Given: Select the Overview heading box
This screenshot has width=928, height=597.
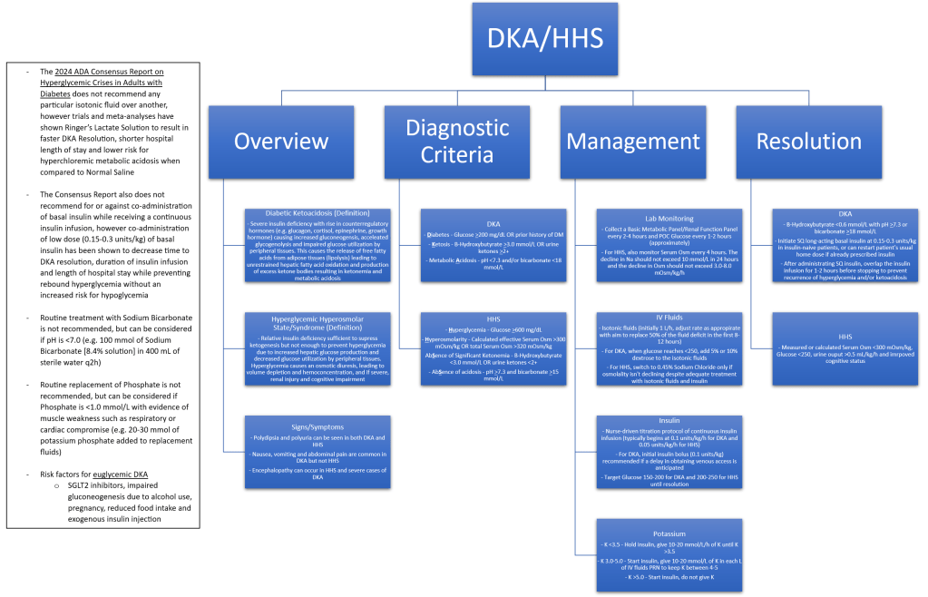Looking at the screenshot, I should coord(281,141).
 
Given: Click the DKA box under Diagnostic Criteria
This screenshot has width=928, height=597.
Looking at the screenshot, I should coord(493,246).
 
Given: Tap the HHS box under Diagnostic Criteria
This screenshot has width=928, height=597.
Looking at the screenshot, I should coord(493,348).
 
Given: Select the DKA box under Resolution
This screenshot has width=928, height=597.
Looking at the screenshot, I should coord(845,246).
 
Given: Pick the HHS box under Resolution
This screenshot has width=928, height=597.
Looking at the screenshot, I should coord(845,348).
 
